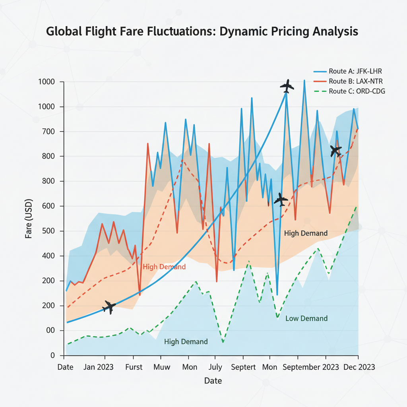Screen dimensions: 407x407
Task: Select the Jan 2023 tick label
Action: click(x=98, y=366)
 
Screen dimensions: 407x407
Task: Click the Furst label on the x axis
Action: click(x=134, y=366)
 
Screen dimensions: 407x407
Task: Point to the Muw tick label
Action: click(x=161, y=366)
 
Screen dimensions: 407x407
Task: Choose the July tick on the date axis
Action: click(x=215, y=366)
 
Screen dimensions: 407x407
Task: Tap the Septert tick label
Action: click(x=243, y=366)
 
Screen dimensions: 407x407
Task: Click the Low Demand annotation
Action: click(x=306, y=318)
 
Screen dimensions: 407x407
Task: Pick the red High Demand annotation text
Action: click(x=164, y=267)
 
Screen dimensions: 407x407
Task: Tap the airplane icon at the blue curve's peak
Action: click(x=287, y=85)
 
